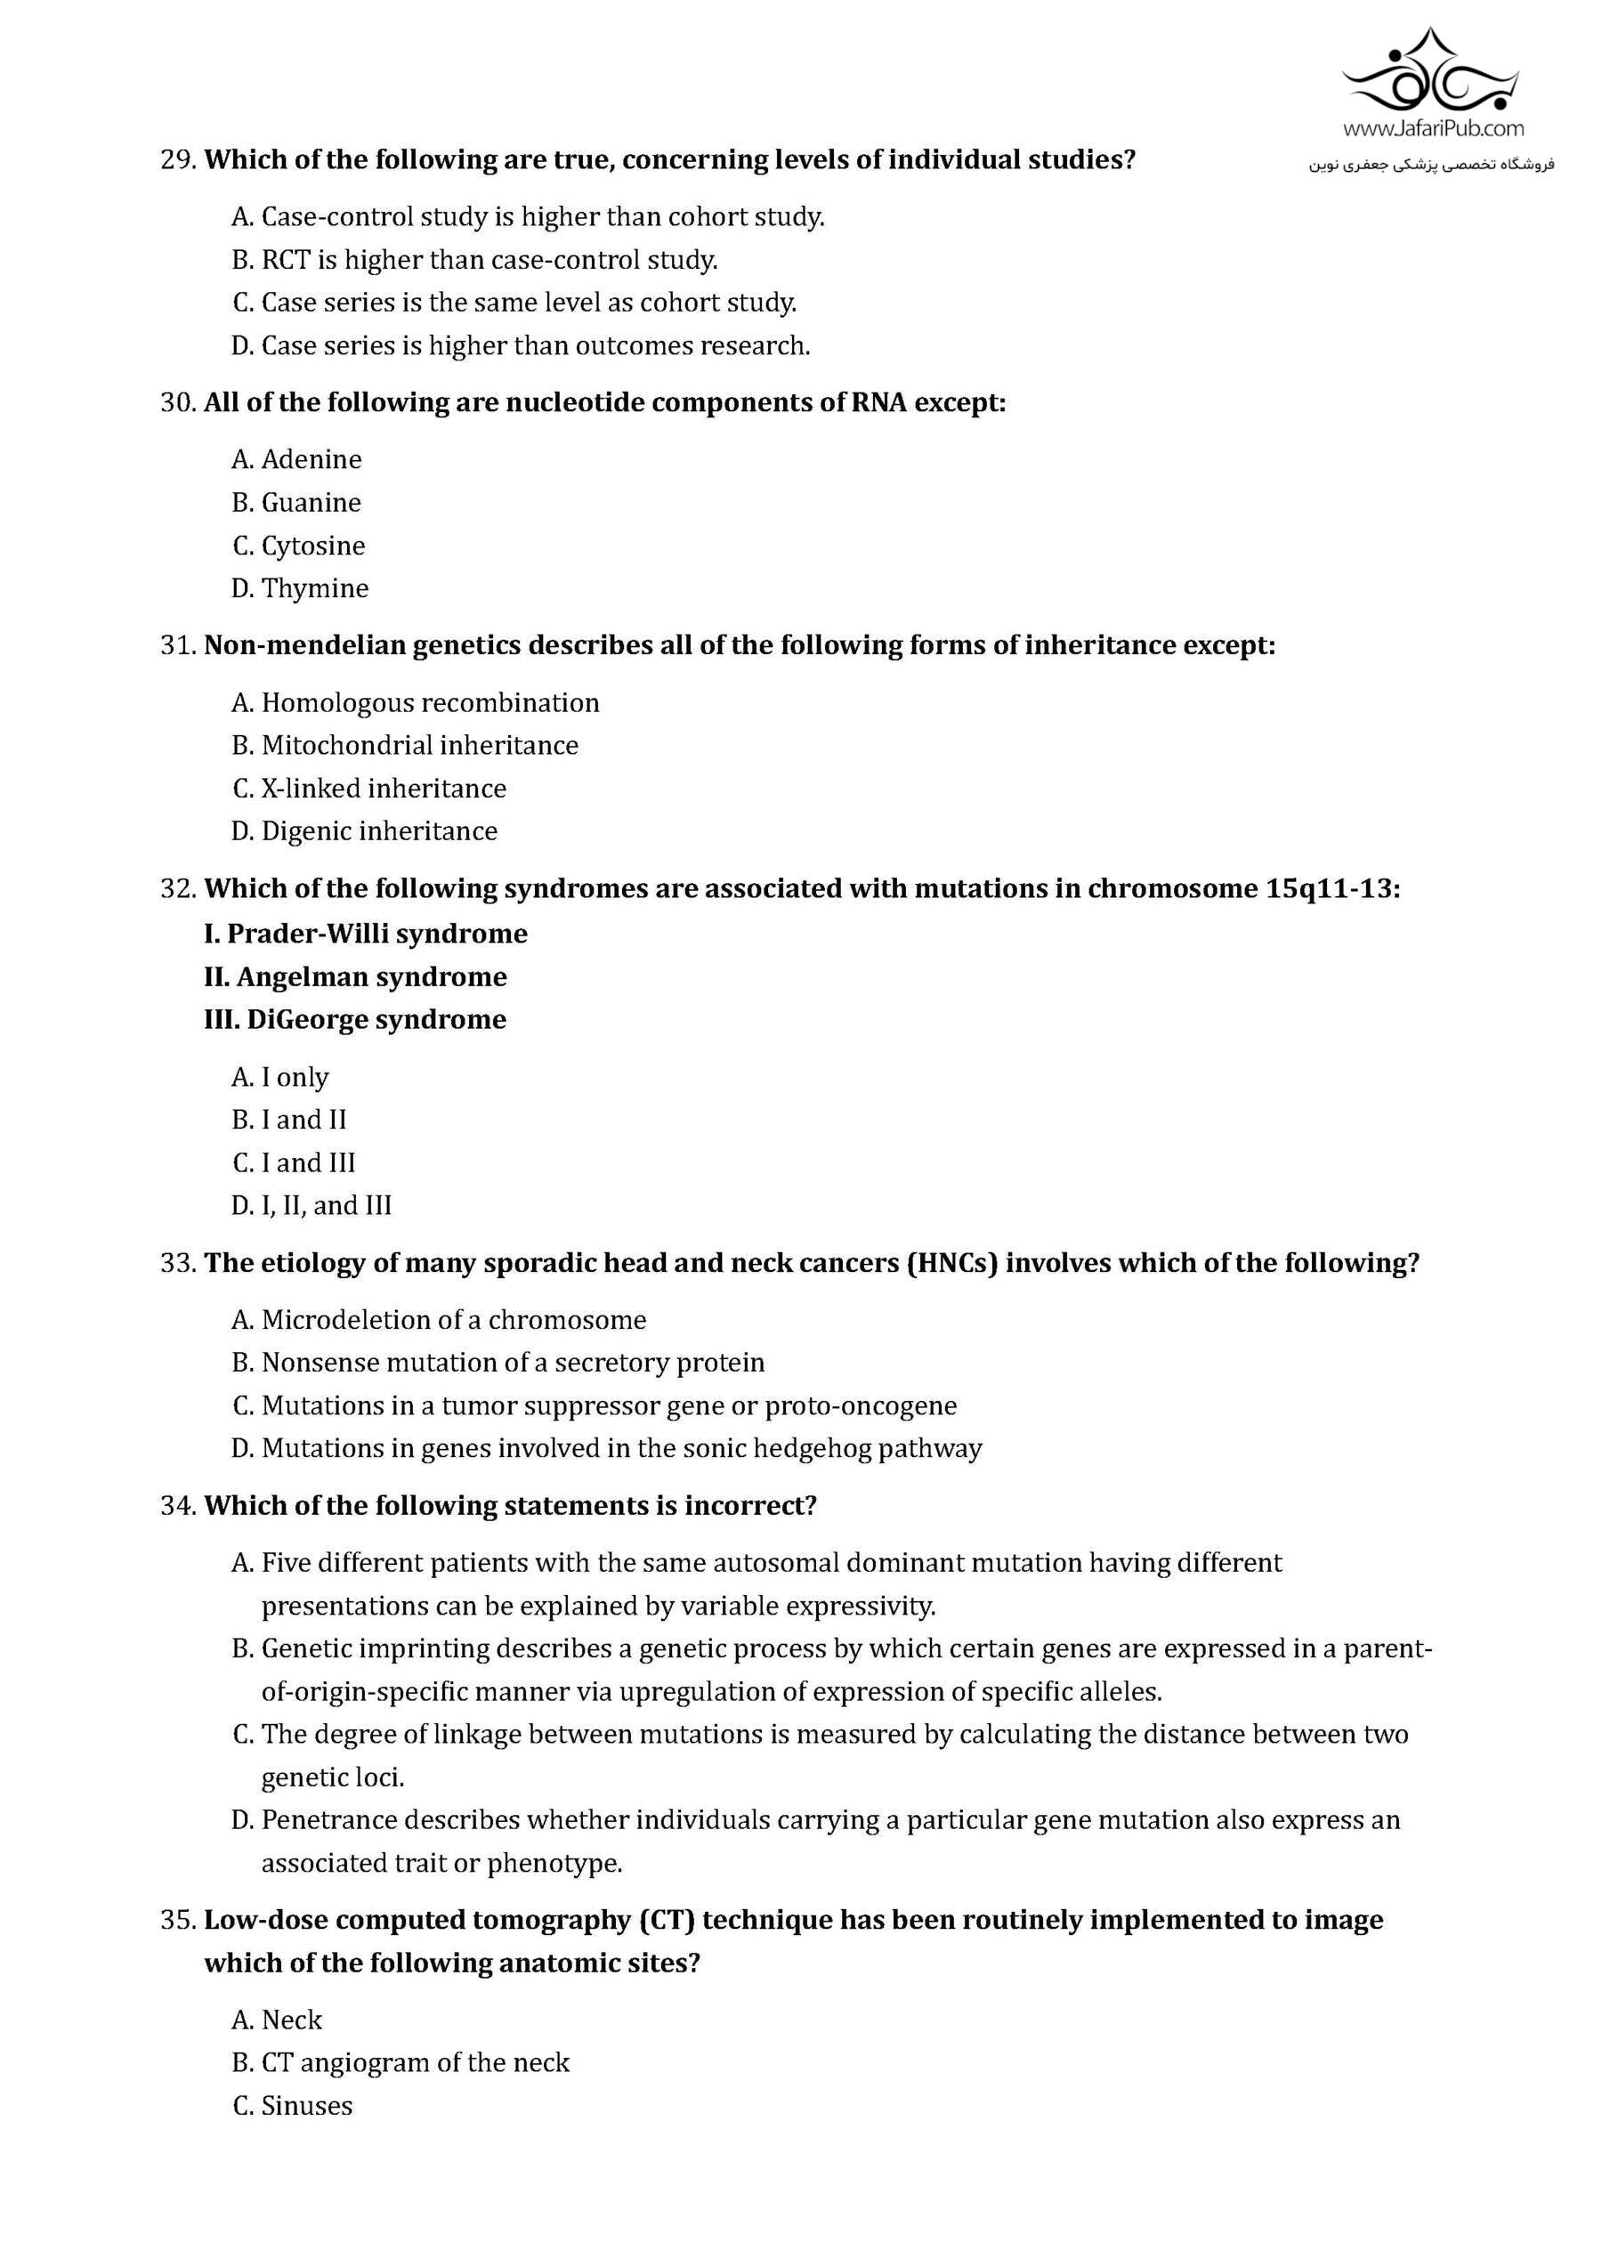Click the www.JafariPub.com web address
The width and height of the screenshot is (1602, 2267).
click(x=1432, y=128)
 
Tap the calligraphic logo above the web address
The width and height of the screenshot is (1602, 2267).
click(x=1432, y=72)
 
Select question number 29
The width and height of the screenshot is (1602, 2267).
click(x=179, y=160)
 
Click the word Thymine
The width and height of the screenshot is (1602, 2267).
click(x=315, y=588)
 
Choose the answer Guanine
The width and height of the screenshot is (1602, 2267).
click(x=311, y=503)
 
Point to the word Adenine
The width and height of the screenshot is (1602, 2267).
click(x=311, y=459)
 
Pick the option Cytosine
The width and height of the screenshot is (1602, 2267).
click(x=313, y=546)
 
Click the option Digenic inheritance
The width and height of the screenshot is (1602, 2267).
click(x=379, y=831)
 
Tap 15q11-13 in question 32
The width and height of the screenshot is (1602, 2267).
click(x=1331, y=888)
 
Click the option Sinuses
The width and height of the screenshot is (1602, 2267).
click(x=306, y=2106)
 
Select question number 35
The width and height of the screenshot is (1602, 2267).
click(x=179, y=1921)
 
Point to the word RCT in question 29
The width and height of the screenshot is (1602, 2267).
click(x=286, y=261)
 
